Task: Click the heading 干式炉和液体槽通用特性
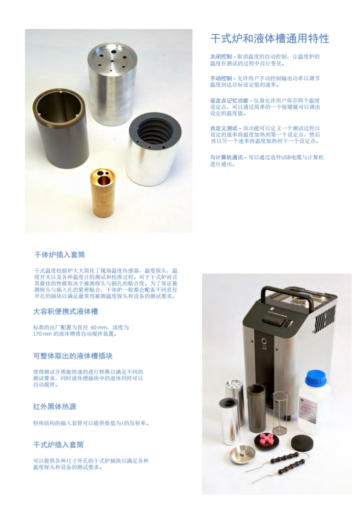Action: click(270, 39)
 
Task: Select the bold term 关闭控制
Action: click(221, 57)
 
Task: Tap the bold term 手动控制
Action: click(221, 79)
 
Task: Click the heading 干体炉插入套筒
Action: click(60, 255)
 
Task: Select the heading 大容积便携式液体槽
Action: click(65, 312)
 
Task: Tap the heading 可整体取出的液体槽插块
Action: click(73, 356)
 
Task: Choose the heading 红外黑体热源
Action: click(54, 407)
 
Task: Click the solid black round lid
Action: click(302, 441)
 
